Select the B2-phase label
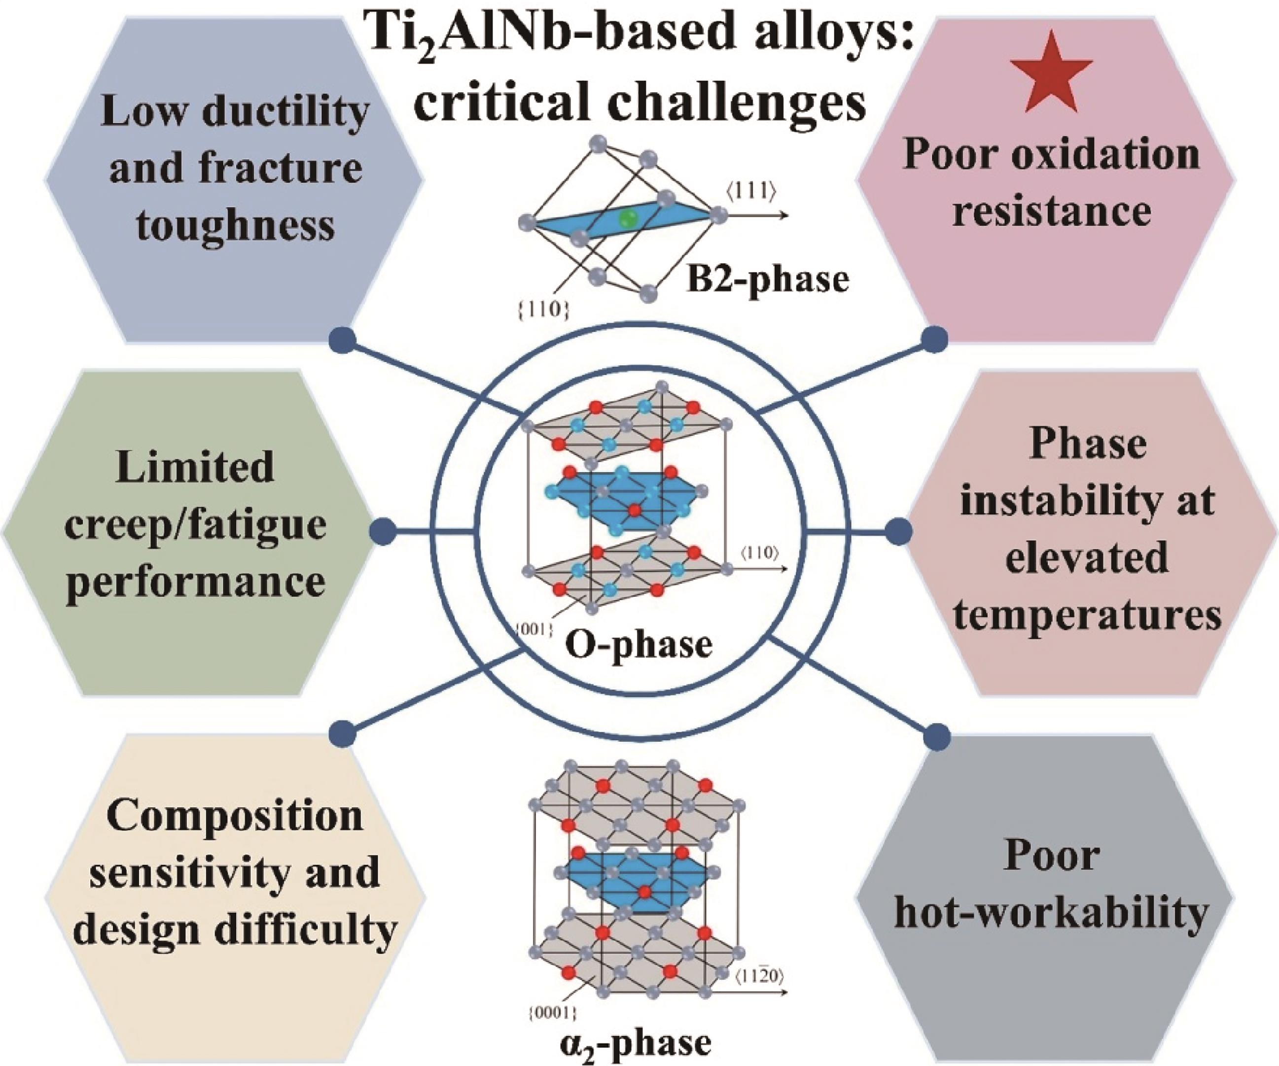[x=767, y=279]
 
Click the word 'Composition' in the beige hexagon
[x=235, y=818]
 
